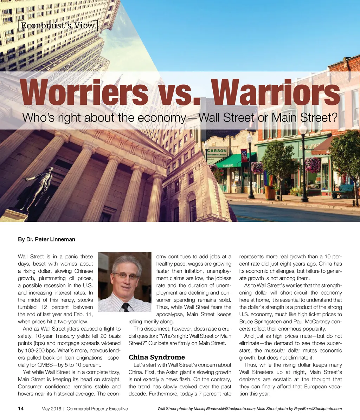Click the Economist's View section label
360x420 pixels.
click(x=58, y=25)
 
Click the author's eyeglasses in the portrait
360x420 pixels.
click(x=126, y=276)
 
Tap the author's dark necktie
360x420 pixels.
click(x=125, y=307)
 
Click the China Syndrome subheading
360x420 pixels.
click(x=156, y=357)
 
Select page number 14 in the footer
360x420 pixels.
click(x=21, y=409)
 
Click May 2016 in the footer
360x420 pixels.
click(x=51, y=409)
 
